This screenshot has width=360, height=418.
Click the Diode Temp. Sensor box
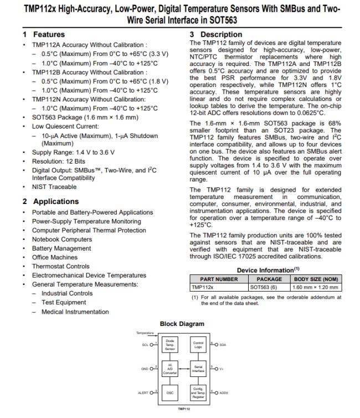coord(169,344)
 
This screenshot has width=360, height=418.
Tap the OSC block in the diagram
coord(169,392)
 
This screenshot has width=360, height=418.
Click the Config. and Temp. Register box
coord(198,392)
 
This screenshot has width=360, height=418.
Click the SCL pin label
coord(145,344)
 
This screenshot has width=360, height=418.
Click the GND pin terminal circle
coord(152,368)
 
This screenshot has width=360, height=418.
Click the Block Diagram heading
coord(182,324)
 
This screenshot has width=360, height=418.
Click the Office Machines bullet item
coord(55,257)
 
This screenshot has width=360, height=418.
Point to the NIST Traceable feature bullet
coord(54,187)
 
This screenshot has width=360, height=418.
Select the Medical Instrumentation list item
coord(75,312)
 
